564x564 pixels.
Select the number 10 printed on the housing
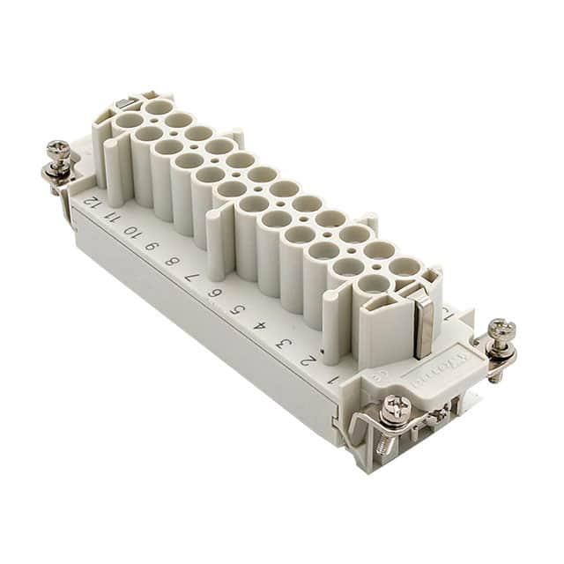(x=131, y=231)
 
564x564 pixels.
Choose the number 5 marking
(x=236, y=309)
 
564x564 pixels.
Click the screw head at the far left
(x=59, y=149)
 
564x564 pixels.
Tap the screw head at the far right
(x=501, y=330)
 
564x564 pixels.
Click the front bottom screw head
(x=394, y=407)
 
